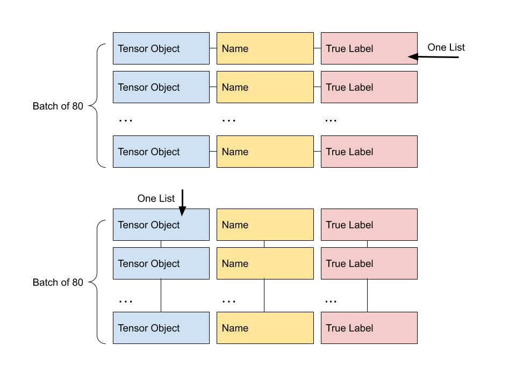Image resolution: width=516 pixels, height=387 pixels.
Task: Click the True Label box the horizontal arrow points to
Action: pos(369,48)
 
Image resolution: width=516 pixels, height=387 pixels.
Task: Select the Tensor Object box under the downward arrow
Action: pos(161,225)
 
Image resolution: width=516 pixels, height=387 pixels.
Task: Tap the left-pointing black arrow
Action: pos(433,57)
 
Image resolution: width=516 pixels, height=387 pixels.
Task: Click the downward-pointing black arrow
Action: pos(182,203)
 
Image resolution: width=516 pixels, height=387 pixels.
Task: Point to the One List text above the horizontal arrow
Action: pos(446,47)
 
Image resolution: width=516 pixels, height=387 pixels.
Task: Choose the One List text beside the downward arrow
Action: pos(156,198)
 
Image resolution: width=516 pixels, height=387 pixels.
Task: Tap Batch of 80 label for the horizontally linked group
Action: pos(58,106)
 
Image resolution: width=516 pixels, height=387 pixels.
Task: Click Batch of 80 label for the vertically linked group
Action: pos(58,282)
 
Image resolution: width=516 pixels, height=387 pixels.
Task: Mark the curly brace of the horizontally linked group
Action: pos(97,106)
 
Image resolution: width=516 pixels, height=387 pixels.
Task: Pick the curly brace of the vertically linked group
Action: pos(97,282)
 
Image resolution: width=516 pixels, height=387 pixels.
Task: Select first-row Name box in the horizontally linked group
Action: pos(265,48)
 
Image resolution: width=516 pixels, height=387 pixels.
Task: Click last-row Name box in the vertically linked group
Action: pos(265,328)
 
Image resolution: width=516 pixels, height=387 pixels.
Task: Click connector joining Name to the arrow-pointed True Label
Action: pos(318,48)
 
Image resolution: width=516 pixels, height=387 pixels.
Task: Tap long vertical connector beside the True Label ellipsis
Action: pos(367,296)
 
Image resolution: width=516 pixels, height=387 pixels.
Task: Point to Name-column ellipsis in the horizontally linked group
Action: pos(229,121)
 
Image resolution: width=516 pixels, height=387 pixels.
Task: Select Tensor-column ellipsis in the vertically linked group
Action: pos(125,302)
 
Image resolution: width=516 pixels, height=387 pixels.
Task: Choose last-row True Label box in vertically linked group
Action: pos(369,328)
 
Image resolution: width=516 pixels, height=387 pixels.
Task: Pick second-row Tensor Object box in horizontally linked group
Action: pos(161,87)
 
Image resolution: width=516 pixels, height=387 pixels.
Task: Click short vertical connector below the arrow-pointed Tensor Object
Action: pos(161,244)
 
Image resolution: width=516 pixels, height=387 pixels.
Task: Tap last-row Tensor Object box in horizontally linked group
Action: pos(161,152)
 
